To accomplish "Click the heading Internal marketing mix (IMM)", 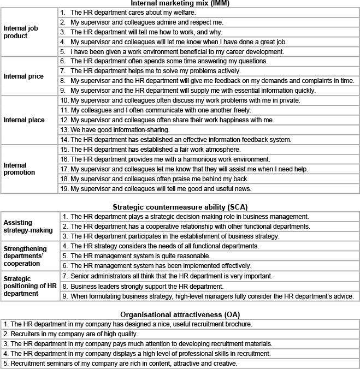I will [x=180, y=3].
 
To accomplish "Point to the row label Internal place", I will [x=23, y=120].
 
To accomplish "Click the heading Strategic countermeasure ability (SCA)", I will [x=180, y=207].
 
